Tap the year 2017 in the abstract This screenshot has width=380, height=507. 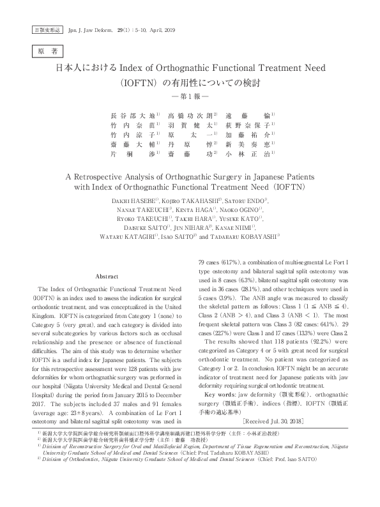tap(41, 369)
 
